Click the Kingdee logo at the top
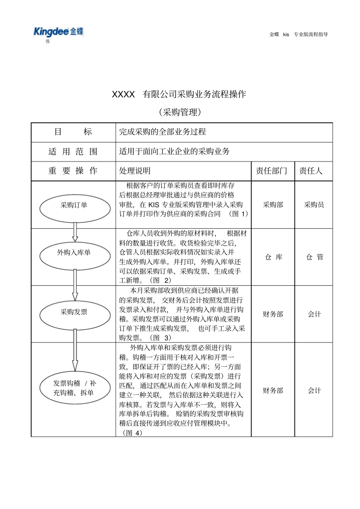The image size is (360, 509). (58, 32)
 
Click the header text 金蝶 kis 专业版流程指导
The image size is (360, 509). (299, 34)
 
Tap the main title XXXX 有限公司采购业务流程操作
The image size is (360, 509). (179, 94)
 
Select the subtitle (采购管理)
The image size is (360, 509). (180, 112)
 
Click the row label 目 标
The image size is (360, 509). (73, 132)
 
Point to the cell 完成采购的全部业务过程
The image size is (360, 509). (163, 132)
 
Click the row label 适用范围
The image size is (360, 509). (73, 152)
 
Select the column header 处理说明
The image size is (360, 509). (135, 171)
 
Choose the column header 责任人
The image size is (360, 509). (311, 171)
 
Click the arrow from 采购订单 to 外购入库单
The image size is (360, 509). (75, 232)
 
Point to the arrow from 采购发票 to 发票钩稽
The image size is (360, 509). (75, 350)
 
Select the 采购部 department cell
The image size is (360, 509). (273, 205)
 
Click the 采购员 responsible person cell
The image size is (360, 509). (314, 205)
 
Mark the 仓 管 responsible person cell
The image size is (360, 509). (315, 257)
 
